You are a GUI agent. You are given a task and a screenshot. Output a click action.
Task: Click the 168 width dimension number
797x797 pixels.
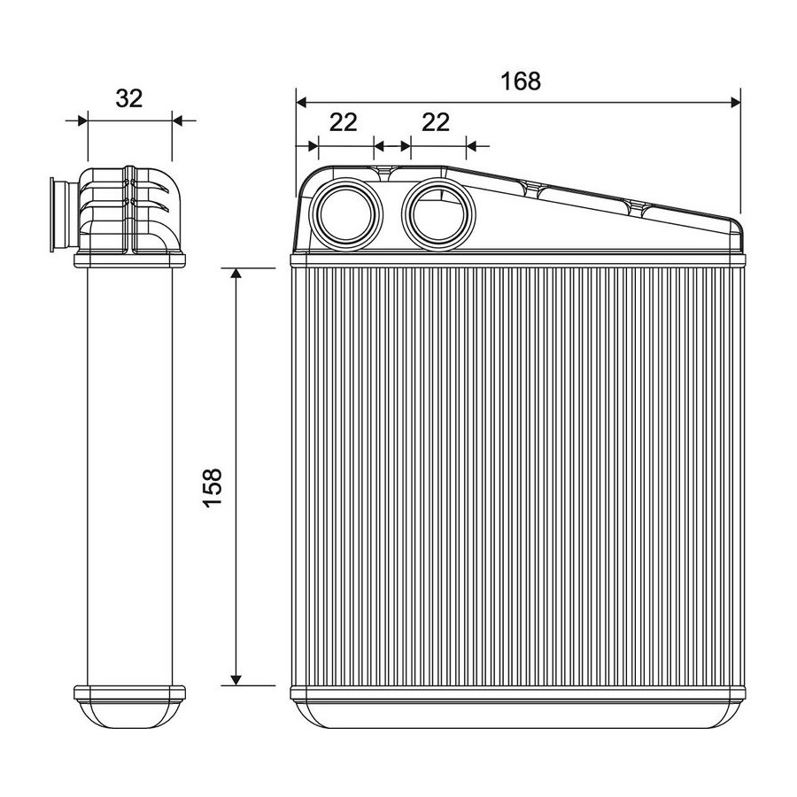(521, 81)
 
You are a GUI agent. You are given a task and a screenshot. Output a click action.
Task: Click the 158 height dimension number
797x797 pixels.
(213, 488)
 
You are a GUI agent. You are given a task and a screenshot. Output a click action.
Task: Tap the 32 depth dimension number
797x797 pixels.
(129, 98)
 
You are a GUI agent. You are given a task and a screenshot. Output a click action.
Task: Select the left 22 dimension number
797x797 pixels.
(344, 122)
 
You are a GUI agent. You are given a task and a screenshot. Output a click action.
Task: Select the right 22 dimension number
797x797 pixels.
(436, 122)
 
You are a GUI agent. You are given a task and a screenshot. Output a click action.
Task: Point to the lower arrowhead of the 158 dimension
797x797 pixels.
(236, 680)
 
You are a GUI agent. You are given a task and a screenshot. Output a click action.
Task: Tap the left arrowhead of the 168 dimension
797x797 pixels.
(301, 103)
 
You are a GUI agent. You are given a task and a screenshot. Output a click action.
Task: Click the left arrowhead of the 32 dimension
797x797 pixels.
(82, 120)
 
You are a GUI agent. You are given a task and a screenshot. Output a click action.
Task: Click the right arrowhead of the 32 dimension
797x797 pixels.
(178, 120)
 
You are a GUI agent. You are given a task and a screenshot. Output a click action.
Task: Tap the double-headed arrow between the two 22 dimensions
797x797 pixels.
(392, 146)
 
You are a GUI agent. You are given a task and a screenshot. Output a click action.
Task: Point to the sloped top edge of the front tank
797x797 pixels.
(590, 194)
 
